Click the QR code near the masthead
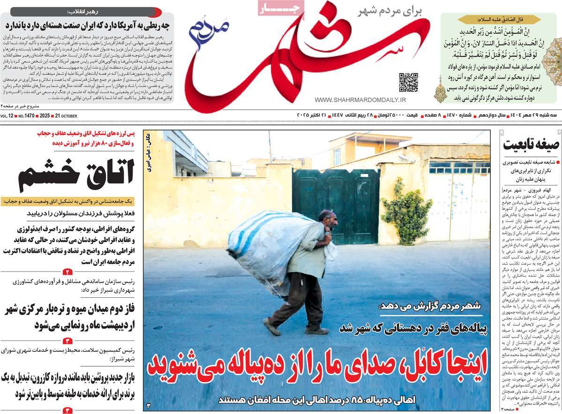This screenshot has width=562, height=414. pos(408,82)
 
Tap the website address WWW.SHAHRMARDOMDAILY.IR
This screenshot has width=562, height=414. pos(360,100)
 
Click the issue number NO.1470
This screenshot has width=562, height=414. pos(27,116)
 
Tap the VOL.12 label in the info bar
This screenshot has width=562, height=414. pos(7,116)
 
